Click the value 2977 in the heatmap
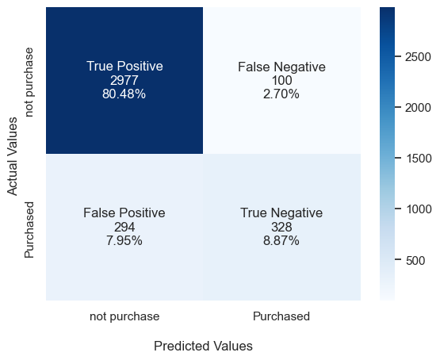point(124,80)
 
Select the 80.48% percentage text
point(124,94)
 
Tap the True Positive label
point(124,67)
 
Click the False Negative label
point(281,67)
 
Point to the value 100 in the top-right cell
point(281,80)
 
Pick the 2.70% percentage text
point(281,94)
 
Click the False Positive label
point(124,213)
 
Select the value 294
point(124,227)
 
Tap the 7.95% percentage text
point(124,240)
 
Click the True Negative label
point(281,213)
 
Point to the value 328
point(281,227)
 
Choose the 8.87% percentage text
point(281,240)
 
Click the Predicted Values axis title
point(203,347)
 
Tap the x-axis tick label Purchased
point(281,316)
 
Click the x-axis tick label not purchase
point(124,316)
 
